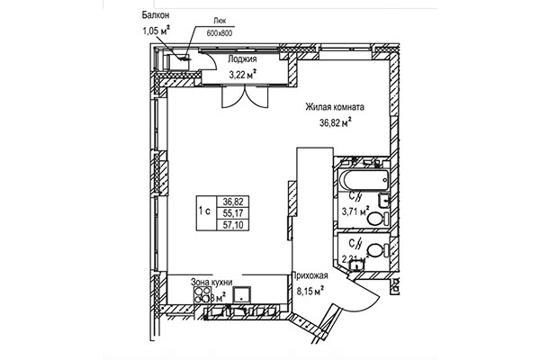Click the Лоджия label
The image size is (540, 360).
coord(230,60)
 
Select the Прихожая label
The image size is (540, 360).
coord(309,277)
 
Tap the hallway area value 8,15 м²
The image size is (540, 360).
coord(309,292)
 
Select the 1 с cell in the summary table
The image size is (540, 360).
coord(204,212)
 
